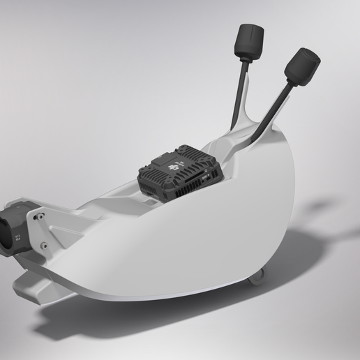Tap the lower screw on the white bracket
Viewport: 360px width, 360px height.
click(x=45, y=245)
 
